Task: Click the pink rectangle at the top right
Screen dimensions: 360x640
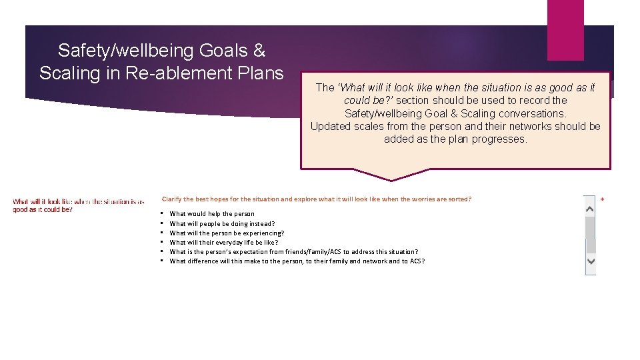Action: coord(565,30)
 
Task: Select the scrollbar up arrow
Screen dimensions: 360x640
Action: coord(590,209)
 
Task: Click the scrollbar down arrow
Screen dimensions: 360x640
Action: coord(590,262)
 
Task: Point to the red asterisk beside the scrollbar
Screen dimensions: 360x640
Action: coord(603,200)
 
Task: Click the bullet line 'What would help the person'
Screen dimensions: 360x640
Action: coord(212,214)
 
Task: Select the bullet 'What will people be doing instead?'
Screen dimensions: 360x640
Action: coord(222,223)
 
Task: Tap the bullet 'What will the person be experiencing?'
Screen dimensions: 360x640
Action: coord(227,233)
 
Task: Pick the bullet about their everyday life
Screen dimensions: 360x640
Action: coord(224,242)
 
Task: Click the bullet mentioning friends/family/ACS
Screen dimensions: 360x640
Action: coord(294,251)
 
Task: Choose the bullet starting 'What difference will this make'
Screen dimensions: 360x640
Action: coord(297,261)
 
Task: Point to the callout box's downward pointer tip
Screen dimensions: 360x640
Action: coord(391,179)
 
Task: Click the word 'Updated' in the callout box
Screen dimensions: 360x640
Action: coord(331,126)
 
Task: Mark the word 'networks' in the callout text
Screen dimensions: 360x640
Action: coord(531,126)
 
